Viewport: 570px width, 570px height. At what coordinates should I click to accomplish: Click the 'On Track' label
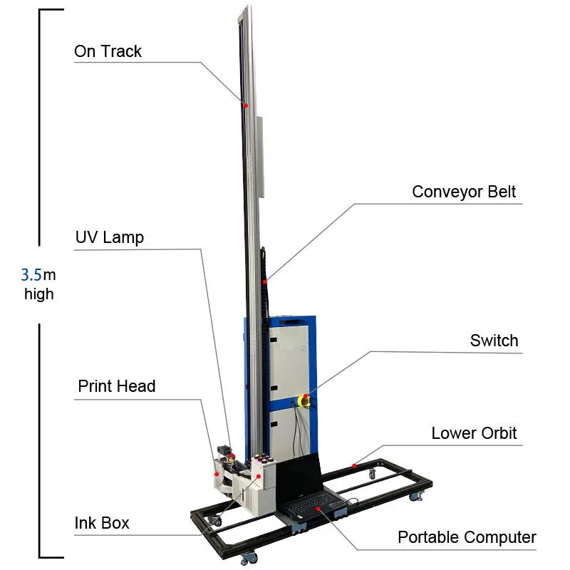pos(108,51)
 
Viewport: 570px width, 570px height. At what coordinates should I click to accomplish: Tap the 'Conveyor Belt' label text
pos(464,192)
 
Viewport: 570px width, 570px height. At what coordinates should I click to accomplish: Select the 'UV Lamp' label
pos(109,237)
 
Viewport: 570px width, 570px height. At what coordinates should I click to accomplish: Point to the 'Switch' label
pos(494,341)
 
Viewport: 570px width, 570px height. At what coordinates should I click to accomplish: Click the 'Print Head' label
pos(116,386)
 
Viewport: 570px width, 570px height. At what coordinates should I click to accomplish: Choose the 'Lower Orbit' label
pos(474,433)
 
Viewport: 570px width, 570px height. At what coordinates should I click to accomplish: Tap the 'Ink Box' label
pos(102,523)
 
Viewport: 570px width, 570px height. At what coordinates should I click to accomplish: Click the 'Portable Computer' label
pos(467,537)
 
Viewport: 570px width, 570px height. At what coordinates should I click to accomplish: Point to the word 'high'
pos(38,294)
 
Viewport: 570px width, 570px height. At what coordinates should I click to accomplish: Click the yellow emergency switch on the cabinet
pos(304,400)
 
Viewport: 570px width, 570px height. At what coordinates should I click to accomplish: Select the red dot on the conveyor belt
pos(265,283)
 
